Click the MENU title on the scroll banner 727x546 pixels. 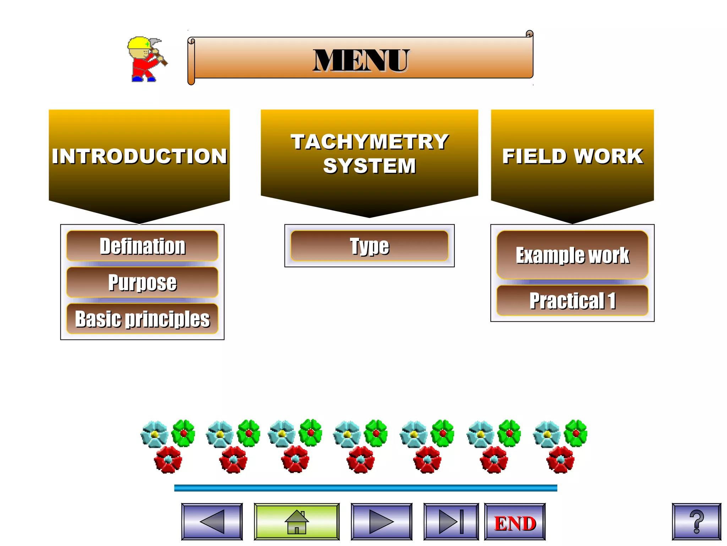(361, 60)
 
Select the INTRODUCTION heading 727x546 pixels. (139, 156)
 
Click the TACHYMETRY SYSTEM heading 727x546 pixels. (370, 154)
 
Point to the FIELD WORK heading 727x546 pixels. (572, 156)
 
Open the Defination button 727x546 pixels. (142, 246)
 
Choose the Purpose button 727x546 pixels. (142, 282)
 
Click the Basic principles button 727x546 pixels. (142, 318)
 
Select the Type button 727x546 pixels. (369, 246)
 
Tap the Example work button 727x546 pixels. (572, 255)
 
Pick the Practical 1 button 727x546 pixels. (572, 301)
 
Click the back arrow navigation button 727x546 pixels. (212, 521)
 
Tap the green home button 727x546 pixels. (297, 521)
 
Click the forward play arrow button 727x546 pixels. (381, 521)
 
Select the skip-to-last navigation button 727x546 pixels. (451, 521)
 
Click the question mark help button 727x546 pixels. (696, 521)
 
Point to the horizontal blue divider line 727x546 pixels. (366, 488)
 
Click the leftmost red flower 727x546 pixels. (168, 460)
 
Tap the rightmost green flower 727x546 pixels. (576, 433)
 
